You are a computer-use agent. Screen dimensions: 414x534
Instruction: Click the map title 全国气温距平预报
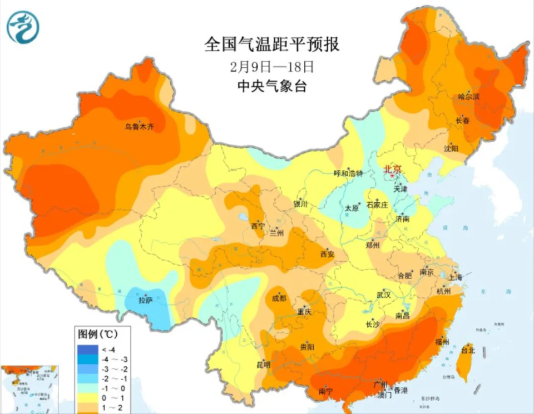(x=272, y=44)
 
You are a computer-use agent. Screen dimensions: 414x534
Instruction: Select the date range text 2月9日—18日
(x=272, y=67)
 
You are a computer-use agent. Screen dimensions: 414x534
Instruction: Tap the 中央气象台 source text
(x=272, y=87)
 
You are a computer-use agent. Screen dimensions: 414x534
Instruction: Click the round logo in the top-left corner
(x=23, y=27)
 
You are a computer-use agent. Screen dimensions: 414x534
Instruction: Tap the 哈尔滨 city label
(x=469, y=97)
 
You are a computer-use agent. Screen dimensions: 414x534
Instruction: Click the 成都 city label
(x=279, y=298)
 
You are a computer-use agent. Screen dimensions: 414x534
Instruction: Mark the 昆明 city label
(x=263, y=365)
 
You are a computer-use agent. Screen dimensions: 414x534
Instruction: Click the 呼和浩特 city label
(x=348, y=173)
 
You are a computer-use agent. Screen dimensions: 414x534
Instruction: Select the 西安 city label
(x=327, y=255)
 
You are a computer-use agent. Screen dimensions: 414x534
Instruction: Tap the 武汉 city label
(x=384, y=294)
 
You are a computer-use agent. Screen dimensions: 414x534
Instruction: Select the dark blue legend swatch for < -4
(x=87, y=349)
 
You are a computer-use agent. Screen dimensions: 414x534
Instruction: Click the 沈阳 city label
(x=451, y=148)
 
